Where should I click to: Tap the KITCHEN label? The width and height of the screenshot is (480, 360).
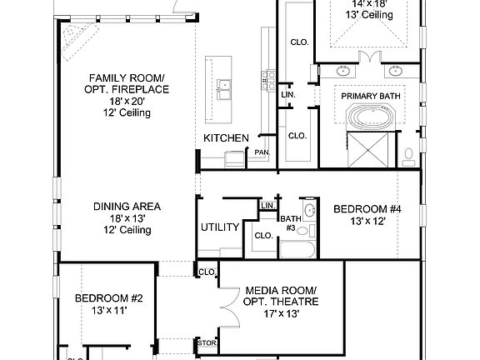(226, 137)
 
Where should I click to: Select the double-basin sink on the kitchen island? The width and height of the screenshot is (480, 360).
(223, 84)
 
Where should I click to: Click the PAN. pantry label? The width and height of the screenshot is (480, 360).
(262, 152)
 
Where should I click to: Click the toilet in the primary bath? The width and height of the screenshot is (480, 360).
(408, 154)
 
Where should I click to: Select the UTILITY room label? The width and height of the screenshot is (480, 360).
(220, 227)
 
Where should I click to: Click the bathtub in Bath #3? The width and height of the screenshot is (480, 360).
(296, 250)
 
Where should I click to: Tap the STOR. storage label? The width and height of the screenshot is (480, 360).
(206, 342)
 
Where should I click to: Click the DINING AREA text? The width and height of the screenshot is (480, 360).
(127, 207)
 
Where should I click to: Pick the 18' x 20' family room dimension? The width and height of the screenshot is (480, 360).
(127, 100)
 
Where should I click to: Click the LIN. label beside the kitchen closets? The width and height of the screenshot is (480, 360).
(288, 95)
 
